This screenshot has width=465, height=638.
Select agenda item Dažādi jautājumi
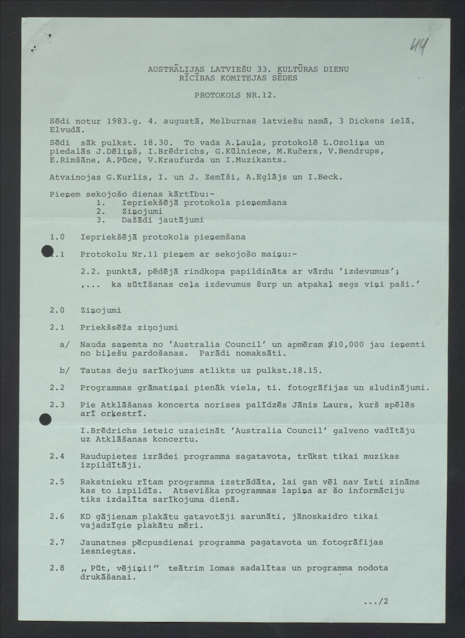coord(163,220)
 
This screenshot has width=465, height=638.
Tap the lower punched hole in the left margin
coord(45,419)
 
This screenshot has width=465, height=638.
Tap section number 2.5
coord(57,482)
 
